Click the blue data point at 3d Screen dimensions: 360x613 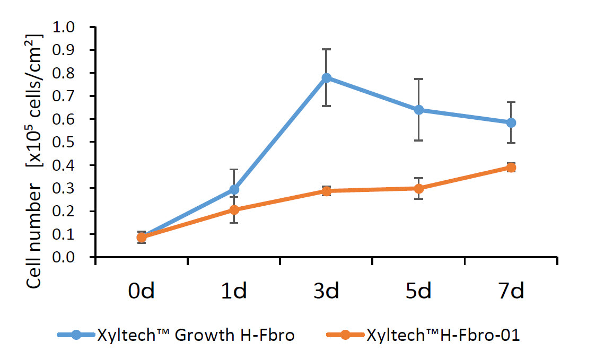(326, 78)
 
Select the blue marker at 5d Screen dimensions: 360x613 (419, 110)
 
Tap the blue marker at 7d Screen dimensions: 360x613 (511, 122)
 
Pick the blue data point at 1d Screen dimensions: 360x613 (234, 189)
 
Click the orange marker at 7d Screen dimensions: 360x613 (511, 168)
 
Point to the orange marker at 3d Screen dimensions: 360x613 (326, 191)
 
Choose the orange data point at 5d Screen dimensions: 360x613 (419, 188)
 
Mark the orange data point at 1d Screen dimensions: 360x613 (234, 209)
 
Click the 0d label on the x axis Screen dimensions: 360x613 (141, 291)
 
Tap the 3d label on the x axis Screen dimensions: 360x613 (326, 291)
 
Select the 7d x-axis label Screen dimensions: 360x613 (511, 291)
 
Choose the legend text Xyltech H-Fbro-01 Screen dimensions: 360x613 (442, 335)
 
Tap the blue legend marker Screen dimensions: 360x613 (76, 335)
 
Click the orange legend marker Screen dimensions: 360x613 (345, 335)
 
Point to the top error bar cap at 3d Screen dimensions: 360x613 (326, 49)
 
